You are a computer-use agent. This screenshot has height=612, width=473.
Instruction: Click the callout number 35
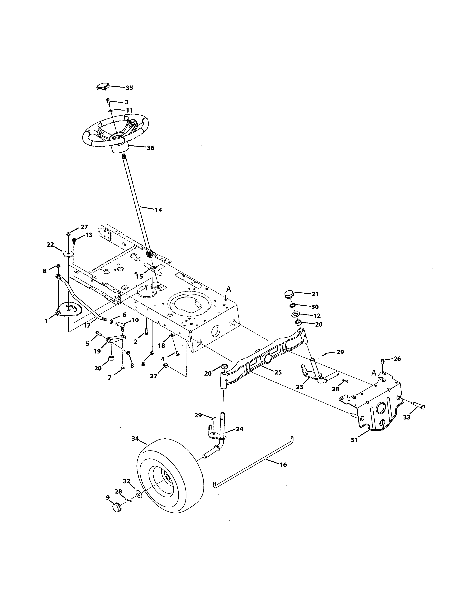tap(129, 88)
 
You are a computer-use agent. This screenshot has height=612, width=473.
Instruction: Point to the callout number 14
tap(158, 210)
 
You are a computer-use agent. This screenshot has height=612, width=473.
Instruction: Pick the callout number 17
tap(87, 325)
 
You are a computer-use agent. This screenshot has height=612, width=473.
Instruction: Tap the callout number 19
tap(97, 351)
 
